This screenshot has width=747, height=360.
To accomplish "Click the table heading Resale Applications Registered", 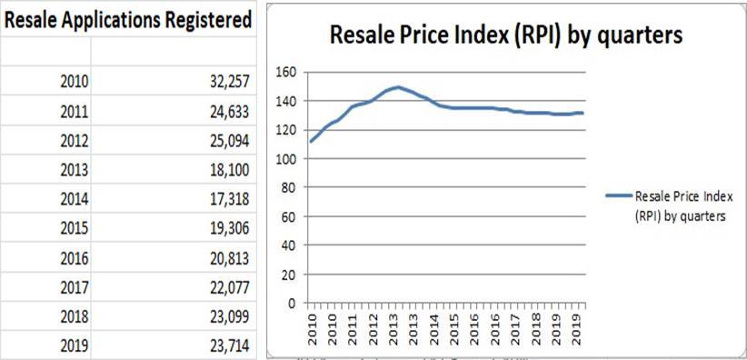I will pos(126,20).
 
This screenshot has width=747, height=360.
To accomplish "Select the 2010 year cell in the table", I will pos(73,81).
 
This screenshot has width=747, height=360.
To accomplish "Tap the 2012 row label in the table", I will pos(73,140).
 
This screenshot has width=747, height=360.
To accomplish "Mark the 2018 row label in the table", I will pos(73,315).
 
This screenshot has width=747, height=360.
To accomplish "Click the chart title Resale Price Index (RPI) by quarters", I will pos(505,35).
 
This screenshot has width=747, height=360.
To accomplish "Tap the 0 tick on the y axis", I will pos(293,303).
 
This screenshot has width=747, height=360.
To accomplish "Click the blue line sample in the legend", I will pos(615,195).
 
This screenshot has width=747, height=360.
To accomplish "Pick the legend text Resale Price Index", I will pos(680,195).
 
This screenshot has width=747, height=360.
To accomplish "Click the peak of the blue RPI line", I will pos(398,87).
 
